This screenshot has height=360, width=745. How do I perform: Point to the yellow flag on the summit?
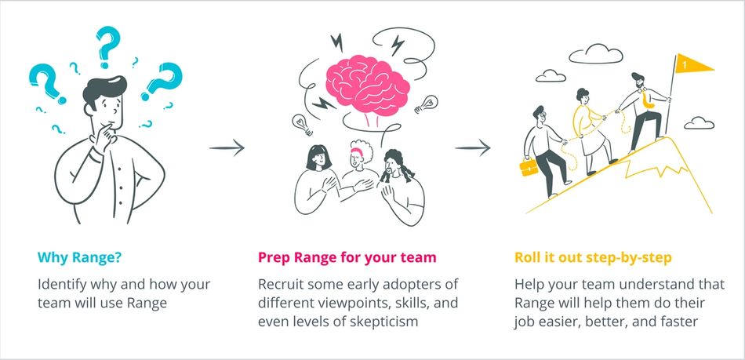coord(693,64)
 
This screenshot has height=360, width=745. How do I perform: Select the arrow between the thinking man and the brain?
coord(227,147)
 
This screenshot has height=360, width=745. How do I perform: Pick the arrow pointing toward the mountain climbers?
coord(474,147)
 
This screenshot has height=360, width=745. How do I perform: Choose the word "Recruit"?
coord(282,284)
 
